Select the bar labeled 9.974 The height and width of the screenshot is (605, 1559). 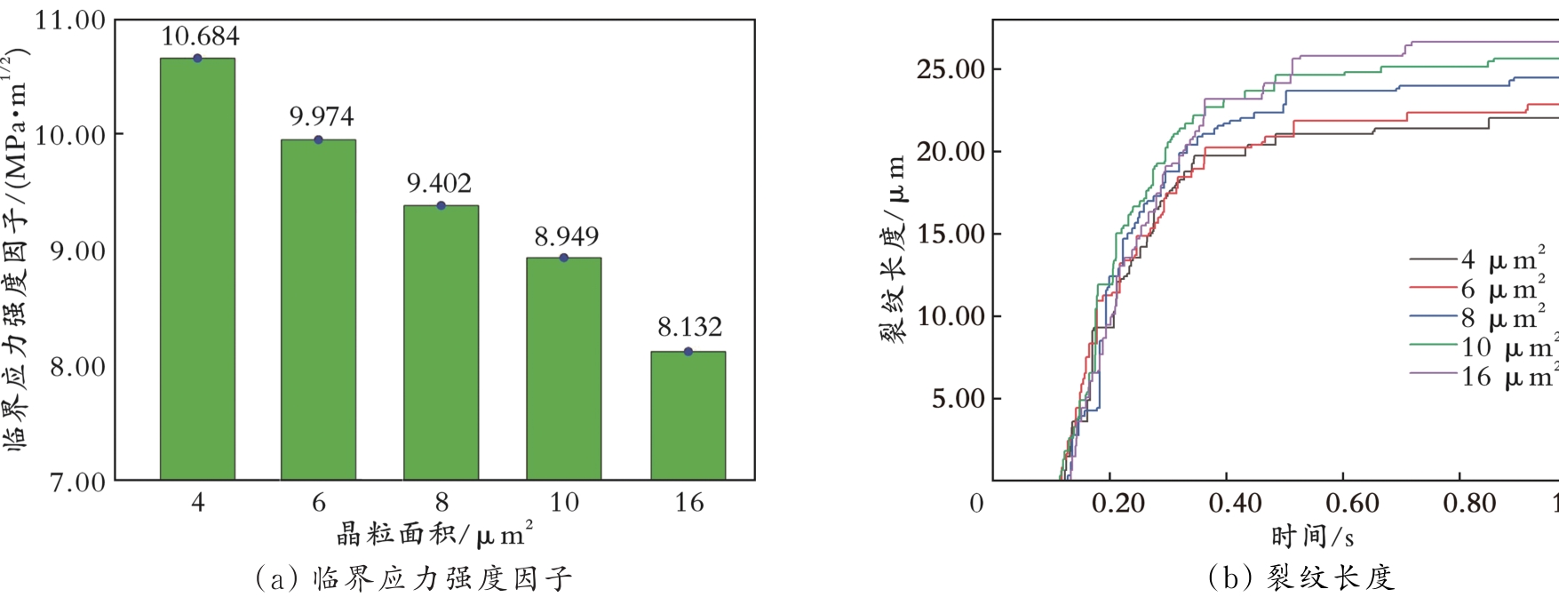pos(318,310)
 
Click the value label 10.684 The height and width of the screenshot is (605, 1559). pos(200,36)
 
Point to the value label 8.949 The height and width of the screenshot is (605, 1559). pos(566,236)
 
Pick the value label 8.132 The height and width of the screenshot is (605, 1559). pos(689,327)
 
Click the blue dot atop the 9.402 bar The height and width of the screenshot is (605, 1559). pos(441,205)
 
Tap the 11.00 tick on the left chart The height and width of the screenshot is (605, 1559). pos(70,20)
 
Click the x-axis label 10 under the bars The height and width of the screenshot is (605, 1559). pos(564,503)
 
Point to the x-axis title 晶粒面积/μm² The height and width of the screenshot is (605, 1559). pos(434,535)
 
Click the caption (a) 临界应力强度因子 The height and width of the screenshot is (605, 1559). pos(413,579)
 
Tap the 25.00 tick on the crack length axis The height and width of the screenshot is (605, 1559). pos(951,69)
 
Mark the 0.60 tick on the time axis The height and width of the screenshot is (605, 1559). pos(1352,504)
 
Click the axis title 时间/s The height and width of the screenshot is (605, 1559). pos(1312,537)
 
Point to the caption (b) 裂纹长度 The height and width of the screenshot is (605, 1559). pos(1301,578)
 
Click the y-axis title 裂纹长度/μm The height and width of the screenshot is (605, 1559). pos(893,249)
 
